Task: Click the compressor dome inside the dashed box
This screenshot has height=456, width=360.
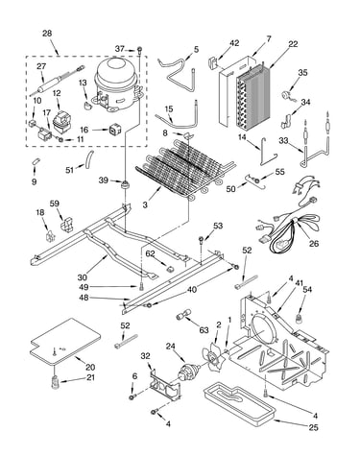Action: (117, 84)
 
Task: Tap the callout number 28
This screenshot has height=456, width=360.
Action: (47, 34)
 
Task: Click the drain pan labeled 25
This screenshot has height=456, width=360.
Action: (238, 404)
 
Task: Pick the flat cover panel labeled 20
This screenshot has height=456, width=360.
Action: (65, 342)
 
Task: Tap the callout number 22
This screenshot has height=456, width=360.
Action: (293, 44)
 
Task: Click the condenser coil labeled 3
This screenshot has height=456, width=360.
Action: (185, 169)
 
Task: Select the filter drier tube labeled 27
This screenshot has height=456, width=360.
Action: (57, 81)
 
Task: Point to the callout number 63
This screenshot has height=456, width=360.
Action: (204, 330)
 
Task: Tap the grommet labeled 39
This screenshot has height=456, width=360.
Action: (124, 184)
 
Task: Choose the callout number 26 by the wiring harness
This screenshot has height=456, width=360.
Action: (314, 244)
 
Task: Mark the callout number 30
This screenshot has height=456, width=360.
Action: (83, 276)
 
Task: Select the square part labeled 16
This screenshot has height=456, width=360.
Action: (114, 129)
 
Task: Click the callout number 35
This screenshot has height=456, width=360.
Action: (302, 72)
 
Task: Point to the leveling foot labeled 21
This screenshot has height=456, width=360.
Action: (56, 382)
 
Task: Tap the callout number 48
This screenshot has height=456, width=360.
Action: (84, 298)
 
